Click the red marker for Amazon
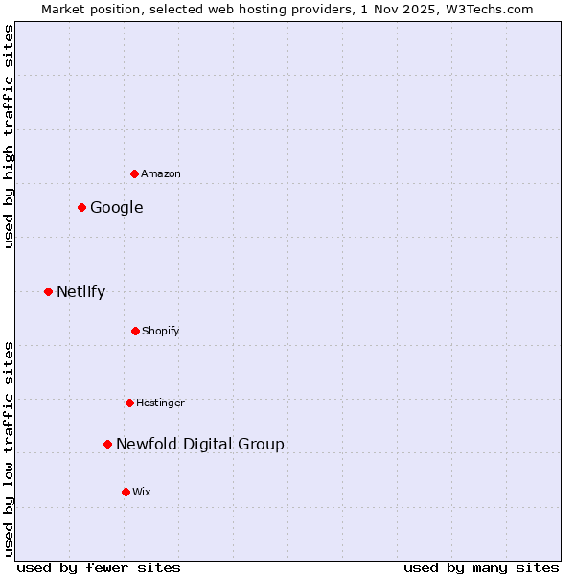tap(134, 173)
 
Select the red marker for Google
tap(81, 207)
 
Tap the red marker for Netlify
tap(48, 291)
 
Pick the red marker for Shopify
tap(135, 331)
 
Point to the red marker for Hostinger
tap(129, 402)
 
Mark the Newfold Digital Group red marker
tap(107, 444)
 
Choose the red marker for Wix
tap(126, 492)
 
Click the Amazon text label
tap(161, 174)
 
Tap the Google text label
tap(117, 208)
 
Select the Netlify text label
tap(80, 292)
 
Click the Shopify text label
tap(161, 332)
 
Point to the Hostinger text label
tap(160, 403)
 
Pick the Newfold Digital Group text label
tap(200, 445)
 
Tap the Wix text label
tap(142, 493)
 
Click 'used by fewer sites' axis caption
tap(99, 567)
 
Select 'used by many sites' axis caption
tap(481, 567)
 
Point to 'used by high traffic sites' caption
tap(9, 136)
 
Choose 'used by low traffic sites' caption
tap(9, 448)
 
